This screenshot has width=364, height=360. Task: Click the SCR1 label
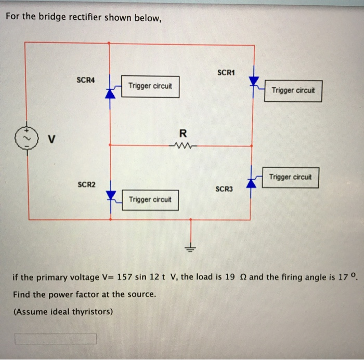(226, 72)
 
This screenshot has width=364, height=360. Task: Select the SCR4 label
(86, 80)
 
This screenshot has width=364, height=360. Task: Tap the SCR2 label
(86, 184)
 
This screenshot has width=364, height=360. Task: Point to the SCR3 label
(225, 189)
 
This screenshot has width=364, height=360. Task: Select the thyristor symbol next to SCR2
(110, 195)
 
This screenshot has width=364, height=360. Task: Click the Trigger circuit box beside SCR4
(150, 86)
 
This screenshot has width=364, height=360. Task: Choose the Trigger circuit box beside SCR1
(293, 90)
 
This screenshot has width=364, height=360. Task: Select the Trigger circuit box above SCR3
(291, 177)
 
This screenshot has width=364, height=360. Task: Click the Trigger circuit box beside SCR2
(150, 199)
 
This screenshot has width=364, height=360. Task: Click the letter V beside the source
(51, 139)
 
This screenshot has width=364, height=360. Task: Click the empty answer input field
(55, 339)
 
